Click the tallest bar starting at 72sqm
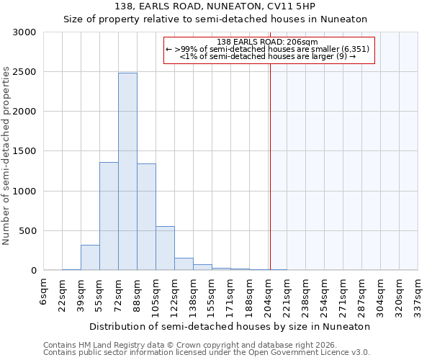click(127, 171)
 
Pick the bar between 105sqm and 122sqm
click(165, 248)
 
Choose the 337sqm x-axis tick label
click(418, 294)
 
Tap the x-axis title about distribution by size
click(230, 326)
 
